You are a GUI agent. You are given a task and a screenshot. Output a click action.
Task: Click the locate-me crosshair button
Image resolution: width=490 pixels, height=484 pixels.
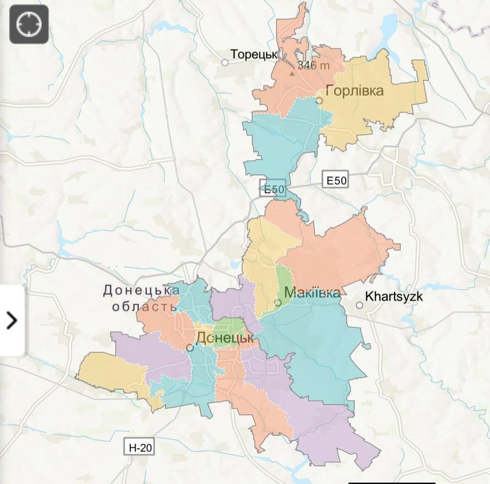click(29, 24)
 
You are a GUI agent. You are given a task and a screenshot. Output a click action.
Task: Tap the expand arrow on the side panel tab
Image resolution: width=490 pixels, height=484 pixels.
click(12, 321)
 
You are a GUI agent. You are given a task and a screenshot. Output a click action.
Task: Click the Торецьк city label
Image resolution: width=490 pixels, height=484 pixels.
click(254, 54)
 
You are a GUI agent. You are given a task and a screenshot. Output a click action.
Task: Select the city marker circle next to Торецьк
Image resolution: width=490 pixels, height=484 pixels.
click(225, 63)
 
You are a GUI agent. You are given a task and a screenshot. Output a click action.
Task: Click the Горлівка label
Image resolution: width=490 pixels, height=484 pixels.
click(354, 91)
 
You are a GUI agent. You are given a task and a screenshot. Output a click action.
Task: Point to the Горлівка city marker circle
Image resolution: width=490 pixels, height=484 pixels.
click(319, 100)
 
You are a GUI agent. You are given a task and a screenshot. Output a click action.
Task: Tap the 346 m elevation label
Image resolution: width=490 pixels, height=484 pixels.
click(314, 66)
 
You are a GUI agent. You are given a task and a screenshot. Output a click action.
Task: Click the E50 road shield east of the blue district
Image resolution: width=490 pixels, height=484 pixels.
click(336, 181)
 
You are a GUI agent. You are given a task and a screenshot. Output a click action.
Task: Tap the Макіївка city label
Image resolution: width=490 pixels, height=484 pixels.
click(312, 293)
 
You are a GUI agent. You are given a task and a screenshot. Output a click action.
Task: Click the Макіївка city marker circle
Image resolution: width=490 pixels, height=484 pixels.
click(279, 302)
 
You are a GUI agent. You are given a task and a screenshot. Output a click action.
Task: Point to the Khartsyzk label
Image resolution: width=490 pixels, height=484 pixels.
click(394, 297)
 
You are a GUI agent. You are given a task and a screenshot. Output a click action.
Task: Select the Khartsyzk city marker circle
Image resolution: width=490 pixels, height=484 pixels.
click(359, 305)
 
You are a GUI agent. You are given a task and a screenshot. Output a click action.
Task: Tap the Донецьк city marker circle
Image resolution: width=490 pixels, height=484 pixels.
click(190, 348)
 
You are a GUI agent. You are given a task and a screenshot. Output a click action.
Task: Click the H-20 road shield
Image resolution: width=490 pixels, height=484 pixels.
click(139, 447)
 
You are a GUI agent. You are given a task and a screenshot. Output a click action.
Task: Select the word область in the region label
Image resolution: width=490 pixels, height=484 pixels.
click(144, 307)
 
